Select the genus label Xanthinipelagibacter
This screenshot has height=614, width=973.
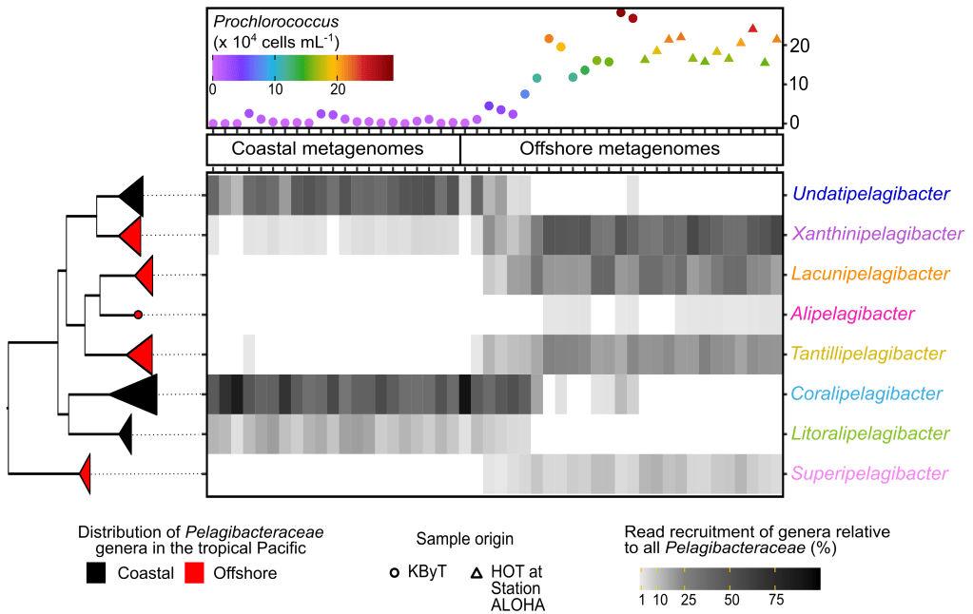(876, 234)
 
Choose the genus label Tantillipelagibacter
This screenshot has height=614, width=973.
(868, 354)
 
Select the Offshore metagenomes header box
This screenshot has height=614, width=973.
(619, 149)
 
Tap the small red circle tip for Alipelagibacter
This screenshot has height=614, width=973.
(138, 314)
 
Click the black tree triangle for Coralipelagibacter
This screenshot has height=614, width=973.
(138, 393)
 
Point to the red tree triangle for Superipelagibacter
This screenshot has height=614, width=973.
(86, 473)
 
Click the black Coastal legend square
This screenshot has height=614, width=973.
(97, 573)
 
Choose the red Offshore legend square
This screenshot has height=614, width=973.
(195, 573)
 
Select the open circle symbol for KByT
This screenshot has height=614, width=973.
(395, 573)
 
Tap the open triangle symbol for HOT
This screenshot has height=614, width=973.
(476, 573)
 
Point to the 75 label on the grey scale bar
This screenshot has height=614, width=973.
(775, 601)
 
